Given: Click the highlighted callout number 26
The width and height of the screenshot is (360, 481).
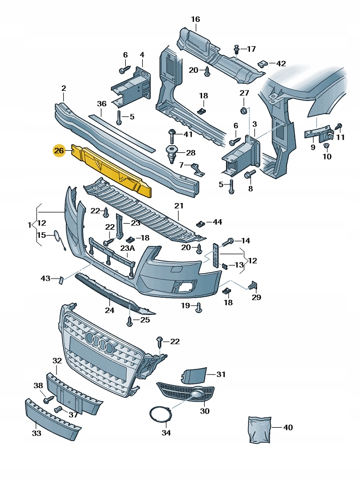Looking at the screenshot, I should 59,150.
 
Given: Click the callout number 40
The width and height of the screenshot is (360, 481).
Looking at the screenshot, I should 288,428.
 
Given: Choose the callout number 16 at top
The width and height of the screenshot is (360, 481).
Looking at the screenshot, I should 195,20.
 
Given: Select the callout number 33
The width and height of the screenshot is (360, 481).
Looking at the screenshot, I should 36,433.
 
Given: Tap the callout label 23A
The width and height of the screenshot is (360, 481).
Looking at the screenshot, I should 127,248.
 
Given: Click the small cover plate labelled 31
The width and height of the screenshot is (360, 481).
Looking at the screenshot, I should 193,375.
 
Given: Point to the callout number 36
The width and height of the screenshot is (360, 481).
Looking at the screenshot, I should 101,103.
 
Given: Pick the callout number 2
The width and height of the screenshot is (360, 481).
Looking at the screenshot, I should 63,88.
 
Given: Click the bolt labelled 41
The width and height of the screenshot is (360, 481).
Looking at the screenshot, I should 173,134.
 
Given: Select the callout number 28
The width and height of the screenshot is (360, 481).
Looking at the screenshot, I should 190,152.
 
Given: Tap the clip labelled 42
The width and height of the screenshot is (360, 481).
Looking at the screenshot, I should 264,64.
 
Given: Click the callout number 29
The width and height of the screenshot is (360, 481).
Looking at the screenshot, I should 256,297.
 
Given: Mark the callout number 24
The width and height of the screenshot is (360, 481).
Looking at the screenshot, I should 109,311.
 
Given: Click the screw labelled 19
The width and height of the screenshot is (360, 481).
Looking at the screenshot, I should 199,307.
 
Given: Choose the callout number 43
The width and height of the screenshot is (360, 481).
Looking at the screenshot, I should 45,279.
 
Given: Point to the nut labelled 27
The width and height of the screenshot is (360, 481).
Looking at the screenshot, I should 244,112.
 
